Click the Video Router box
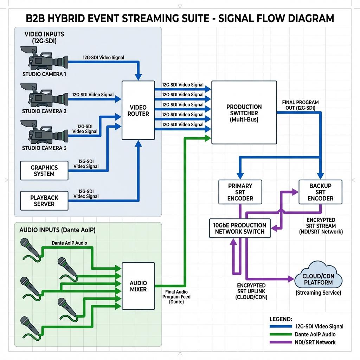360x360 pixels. [x=138, y=110]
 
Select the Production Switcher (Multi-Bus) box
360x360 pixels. [x=244, y=112]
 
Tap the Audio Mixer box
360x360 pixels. [x=138, y=286]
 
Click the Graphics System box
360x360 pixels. [x=44, y=171]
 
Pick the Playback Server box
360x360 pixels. [x=44, y=201]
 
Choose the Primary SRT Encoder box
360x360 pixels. [x=240, y=192]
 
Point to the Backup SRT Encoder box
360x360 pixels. [x=320, y=192]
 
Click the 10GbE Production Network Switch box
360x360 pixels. [x=240, y=228]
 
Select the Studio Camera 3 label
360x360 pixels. [x=44, y=148]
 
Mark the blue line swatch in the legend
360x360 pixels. [x=281, y=327]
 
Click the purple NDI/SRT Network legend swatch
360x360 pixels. [x=281, y=342]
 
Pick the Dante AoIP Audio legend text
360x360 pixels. [x=315, y=334]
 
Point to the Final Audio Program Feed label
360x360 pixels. [x=176, y=297]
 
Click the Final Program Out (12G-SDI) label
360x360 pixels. [x=300, y=105]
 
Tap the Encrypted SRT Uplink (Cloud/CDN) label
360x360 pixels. [x=251, y=291]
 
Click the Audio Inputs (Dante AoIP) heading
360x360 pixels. [x=57, y=230]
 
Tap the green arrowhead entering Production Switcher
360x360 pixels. [x=208, y=138]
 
